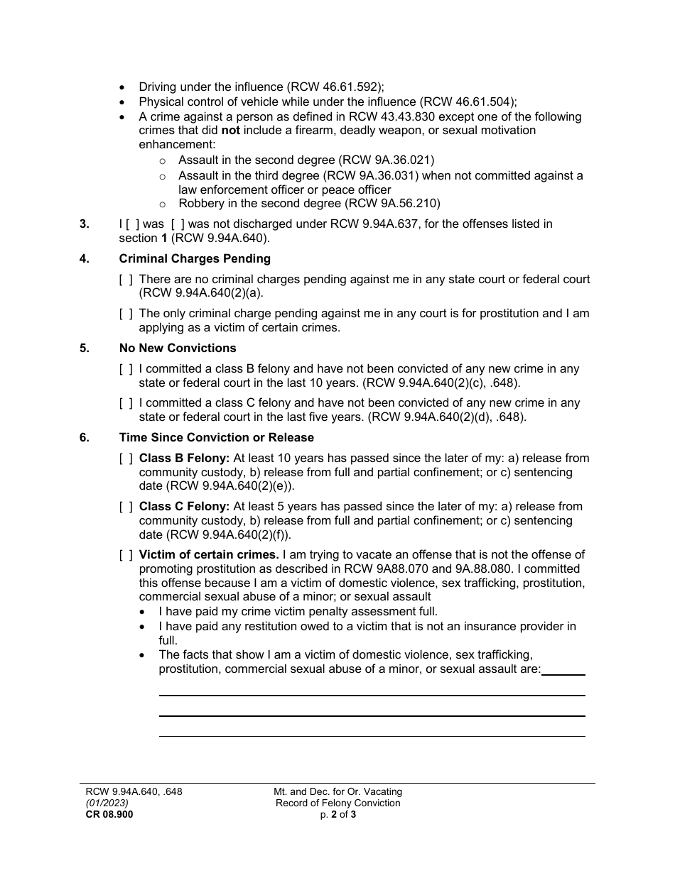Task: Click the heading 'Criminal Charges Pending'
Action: pyautogui.click(x=195, y=258)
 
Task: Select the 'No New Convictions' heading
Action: pyautogui.click(x=178, y=348)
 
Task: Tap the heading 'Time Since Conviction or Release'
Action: pyautogui.click(x=216, y=437)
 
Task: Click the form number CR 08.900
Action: pyautogui.click(x=109, y=815)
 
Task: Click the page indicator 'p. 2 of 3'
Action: pyautogui.click(x=338, y=815)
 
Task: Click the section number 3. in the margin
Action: pyautogui.click(x=85, y=224)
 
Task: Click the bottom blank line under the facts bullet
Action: pyautogui.click(x=372, y=736)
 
